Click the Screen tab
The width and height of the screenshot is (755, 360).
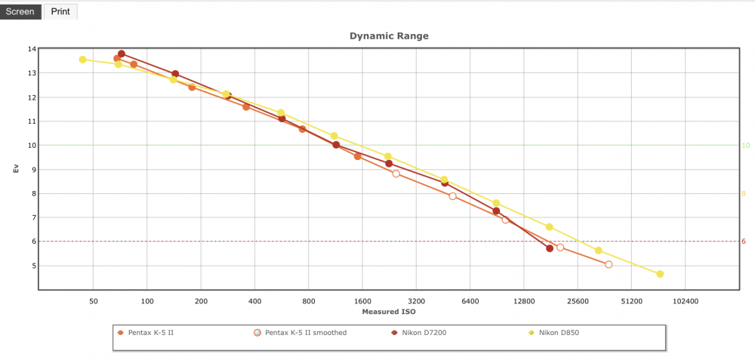click(x=20, y=11)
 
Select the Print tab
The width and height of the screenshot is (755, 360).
click(x=60, y=11)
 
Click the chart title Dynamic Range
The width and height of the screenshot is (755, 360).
click(x=389, y=36)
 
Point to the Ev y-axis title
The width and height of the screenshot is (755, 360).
click(x=16, y=169)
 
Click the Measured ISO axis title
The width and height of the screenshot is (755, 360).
click(x=389, y=312)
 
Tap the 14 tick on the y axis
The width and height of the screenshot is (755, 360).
click(x=32, y=49)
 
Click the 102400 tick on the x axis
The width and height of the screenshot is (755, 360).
click(x=686, y=302)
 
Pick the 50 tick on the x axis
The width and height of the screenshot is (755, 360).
click(x=94, y=302)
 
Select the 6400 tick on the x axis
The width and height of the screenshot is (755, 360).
click(x=470, y=302)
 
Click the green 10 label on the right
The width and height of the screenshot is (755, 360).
click(x=746, y=146)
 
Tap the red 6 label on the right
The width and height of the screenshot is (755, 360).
click(x=744, y=242)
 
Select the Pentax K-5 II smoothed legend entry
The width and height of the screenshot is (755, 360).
click(x=300, y=333)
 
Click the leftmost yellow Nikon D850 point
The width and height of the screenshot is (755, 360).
click(x=83, y=60)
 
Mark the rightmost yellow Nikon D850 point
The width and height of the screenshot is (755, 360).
click(x=660, y=274)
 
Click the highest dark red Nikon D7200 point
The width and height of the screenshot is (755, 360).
click(x=122, y=54)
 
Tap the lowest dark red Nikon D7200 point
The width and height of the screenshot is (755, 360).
click(x=550, y=248)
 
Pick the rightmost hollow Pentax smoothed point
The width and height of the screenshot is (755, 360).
click(x=609, y=264)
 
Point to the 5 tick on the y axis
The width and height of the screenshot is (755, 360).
click(x=34, y=266)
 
